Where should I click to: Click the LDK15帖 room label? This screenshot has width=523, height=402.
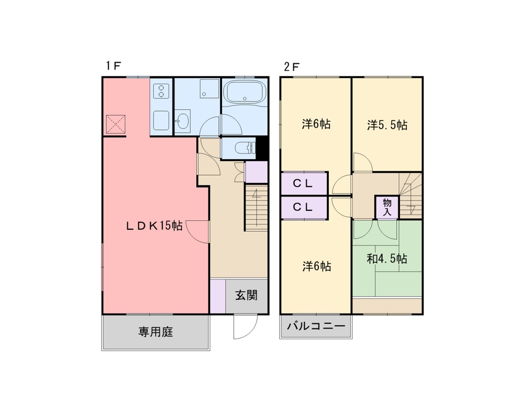(154, 226)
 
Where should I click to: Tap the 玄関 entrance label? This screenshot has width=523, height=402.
(246, 296)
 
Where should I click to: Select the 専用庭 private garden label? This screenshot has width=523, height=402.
(155, 332)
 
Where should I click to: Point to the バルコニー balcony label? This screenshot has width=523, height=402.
(316, 326)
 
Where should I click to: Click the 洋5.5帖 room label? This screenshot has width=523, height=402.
(387, 125)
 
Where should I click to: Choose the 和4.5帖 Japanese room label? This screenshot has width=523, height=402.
(387, 259)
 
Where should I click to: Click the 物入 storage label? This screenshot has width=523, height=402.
(387, 207)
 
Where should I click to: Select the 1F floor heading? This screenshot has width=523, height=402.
(113, 66)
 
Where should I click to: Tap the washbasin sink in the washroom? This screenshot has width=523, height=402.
(182, 121)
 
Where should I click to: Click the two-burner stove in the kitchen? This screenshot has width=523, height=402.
(161, 91)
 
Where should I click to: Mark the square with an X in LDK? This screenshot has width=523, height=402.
(115, 124)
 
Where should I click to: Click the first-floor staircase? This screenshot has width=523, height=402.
(256, 208)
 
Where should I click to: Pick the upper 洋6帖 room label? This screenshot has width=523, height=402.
(316, 124)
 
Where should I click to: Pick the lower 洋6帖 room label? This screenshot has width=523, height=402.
(316, 266)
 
